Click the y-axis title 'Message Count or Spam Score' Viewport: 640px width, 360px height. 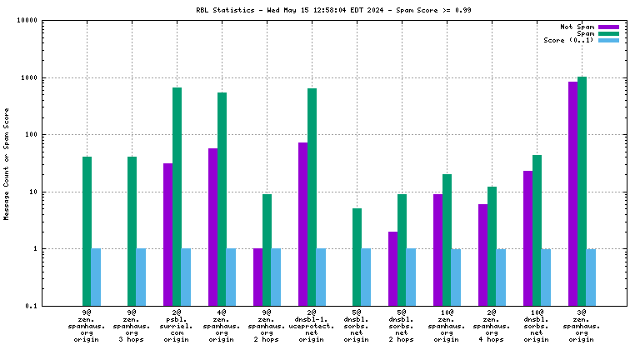click(x=7, y=163)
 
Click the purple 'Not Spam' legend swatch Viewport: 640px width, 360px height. click(x=609, y=26)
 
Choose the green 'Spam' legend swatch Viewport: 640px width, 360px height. click(x=609, y=33)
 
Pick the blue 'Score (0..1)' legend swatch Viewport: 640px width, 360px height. click(x=609, y=40)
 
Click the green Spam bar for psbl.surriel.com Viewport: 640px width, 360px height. click(x=177, y=196)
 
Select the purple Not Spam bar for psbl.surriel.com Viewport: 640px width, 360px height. click(x=167, y=234)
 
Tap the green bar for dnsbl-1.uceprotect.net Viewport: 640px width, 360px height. click(x=312, y=197)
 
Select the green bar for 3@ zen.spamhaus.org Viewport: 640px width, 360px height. click(x=582, y=191)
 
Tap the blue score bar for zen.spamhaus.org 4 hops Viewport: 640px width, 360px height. click(x=501, y=277)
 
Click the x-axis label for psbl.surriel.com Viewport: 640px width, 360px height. click(x=176, y=326)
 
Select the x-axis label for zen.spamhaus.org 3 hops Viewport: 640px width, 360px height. click(x=132, y=326)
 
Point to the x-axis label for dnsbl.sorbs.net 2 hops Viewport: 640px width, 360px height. click(x=402, y=326)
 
